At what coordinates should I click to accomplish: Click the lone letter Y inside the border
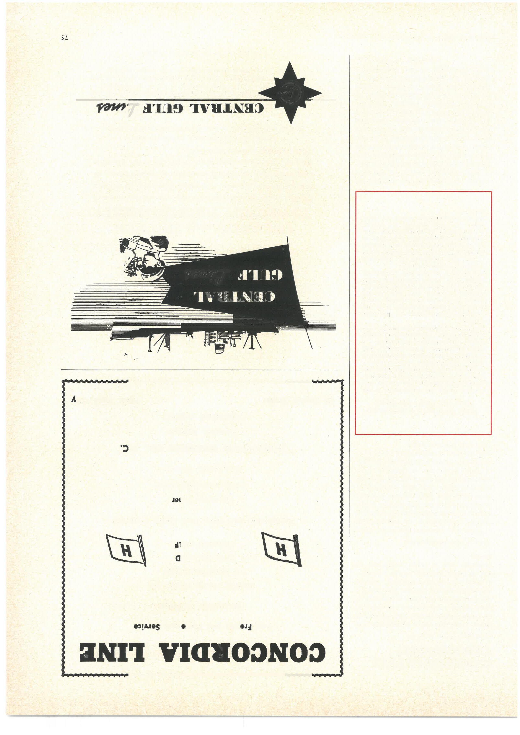coord(74,400)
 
